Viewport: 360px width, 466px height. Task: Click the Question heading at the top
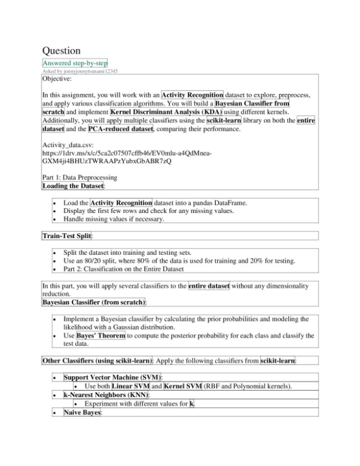(61, 51)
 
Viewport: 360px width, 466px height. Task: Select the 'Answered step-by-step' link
(75, 63)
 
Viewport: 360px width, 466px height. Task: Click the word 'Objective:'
(57, 78)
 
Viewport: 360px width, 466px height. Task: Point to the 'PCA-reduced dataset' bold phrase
(120, 128)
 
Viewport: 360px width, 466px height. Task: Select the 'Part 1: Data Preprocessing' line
(80, 177)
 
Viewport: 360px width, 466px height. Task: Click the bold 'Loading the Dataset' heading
(73, 186)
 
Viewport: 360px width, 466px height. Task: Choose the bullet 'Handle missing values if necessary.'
(114, 220)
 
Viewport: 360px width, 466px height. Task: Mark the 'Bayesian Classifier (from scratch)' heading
(94, 303)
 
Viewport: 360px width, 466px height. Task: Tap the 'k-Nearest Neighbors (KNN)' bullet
(106, 395)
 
